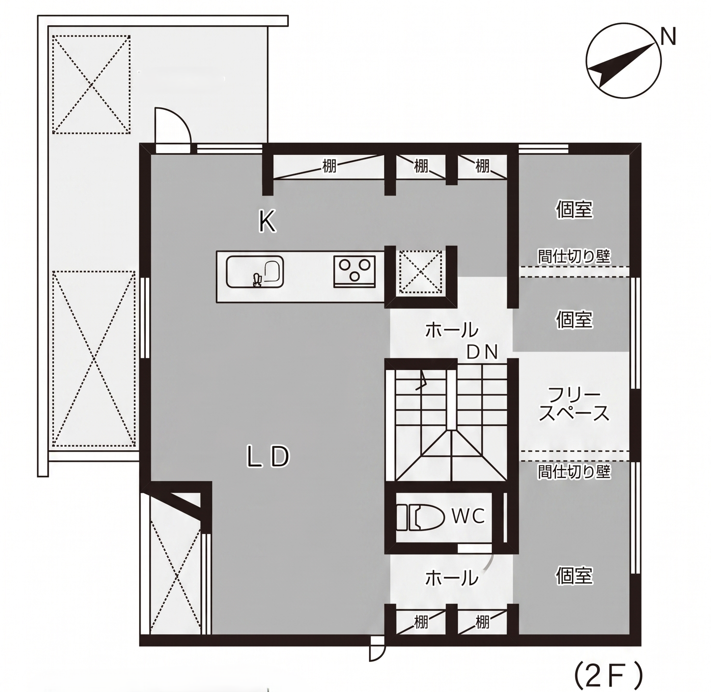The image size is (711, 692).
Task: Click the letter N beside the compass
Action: click(668, 36)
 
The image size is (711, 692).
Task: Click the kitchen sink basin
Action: click(255, 272)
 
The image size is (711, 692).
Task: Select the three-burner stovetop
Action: click(355, 271)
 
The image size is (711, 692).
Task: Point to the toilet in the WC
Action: click(420, 517)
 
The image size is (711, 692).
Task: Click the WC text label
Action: click(468, 516)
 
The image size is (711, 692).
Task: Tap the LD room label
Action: click(269, 457)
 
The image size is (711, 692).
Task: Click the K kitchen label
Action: click(267, 222)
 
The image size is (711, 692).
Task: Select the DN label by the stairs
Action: click(482, 352)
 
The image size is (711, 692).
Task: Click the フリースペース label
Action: click(574, 405)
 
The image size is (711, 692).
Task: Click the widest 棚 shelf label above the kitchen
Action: click(329, 167)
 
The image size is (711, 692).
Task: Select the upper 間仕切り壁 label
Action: click(574, 256)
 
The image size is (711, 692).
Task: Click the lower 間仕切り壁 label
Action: click(574, 472)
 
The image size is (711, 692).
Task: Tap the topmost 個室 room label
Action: click(574, 209)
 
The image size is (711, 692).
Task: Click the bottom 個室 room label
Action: click(574, 575)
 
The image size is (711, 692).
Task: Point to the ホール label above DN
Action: click(452, 330)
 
